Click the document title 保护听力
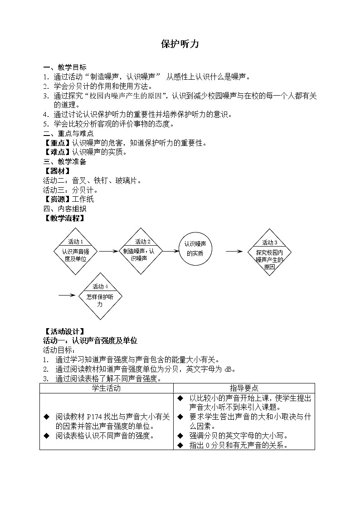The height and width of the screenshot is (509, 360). point(180,44)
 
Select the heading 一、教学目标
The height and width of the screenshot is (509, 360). point(64,68)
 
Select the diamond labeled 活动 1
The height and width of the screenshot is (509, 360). point(75,252)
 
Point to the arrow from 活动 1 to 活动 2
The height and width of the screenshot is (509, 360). point(108,251)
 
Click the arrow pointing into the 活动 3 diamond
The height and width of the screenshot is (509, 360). point(235,251)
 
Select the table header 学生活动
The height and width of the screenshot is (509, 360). point(106,388)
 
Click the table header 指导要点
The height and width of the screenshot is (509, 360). point(244,388)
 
